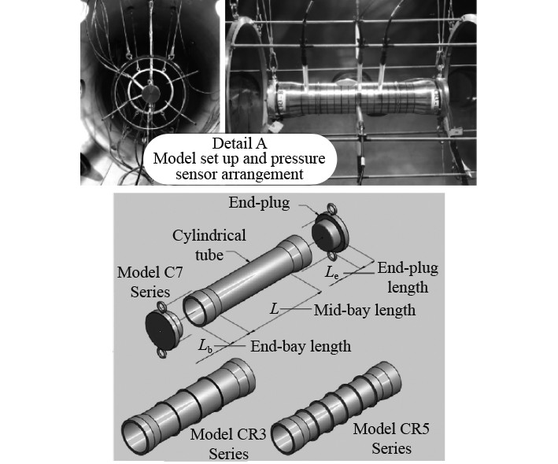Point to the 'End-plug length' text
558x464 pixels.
click(407, 276)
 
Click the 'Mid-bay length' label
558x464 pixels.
click(364, 310)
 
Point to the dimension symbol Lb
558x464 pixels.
click(205, 345)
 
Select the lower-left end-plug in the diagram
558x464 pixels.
click(164, 330)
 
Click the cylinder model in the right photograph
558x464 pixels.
click(354, 102)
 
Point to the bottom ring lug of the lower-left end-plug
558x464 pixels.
click(164, 354)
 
